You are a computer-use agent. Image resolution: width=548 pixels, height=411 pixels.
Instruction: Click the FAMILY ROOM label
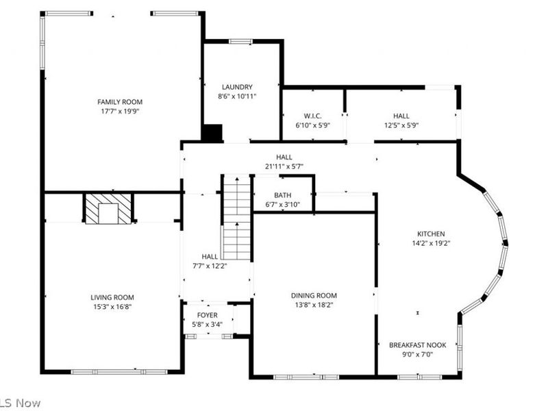[120, 101]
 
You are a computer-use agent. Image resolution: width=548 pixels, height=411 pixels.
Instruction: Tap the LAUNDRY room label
[237, 87]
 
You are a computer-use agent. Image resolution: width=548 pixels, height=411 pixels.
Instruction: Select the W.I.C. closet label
[313, 116]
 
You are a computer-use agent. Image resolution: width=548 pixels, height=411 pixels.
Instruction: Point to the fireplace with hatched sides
[108, 208]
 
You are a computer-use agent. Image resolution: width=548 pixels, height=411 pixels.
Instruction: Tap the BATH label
[282, 195]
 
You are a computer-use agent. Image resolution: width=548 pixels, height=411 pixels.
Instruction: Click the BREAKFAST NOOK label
[418, 345]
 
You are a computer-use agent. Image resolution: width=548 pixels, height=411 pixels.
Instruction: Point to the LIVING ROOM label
[112, 297]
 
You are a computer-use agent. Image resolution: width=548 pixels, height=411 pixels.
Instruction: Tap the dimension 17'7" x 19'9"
[120, 111]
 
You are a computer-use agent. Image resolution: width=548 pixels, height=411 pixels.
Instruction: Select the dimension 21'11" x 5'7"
[284, 166]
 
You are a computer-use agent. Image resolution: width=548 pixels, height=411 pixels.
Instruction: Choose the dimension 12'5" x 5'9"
[401, 125]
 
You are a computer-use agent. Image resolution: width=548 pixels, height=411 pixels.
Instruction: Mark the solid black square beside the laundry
[212, 133]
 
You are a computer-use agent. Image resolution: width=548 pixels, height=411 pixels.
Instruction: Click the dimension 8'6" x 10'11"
[237, 97]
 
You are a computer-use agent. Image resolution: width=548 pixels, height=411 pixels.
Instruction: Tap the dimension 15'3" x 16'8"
[112, 307]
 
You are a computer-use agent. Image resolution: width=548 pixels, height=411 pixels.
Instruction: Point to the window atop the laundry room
[240, 42]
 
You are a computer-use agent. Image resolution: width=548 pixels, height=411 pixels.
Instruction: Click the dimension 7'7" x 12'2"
[210, 266]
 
